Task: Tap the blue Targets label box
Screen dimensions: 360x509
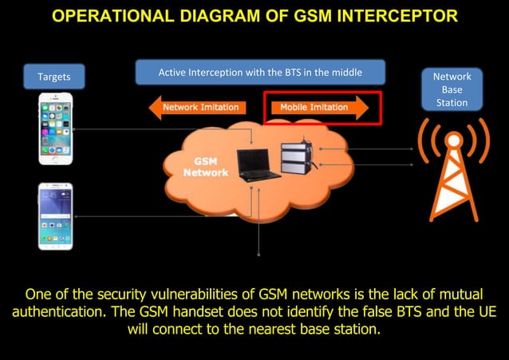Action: pyautogui.click(x=54, y=77)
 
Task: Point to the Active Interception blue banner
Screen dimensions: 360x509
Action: pyautogui.click(x=260, y=73)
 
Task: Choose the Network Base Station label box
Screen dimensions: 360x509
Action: pyautogui.click(x=452, y=89)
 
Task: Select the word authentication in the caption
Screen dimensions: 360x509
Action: pyautogui.click(x=61, y=311)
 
